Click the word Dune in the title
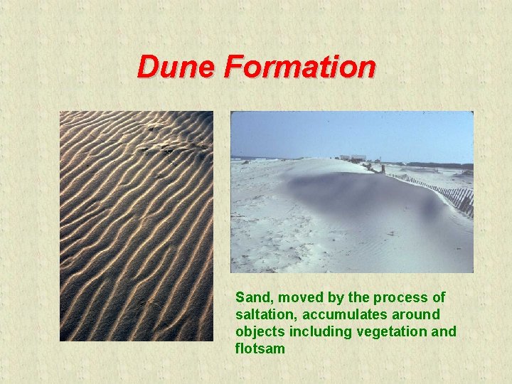click(177, 68)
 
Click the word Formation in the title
click(299, 68)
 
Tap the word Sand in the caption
click(250, 297)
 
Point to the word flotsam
click(260, 348)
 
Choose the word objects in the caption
click(258, 331)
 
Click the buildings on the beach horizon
click(353, 157)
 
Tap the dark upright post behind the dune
click(382, 169)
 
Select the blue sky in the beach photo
click(348, 132)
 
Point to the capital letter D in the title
click(148, 68)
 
